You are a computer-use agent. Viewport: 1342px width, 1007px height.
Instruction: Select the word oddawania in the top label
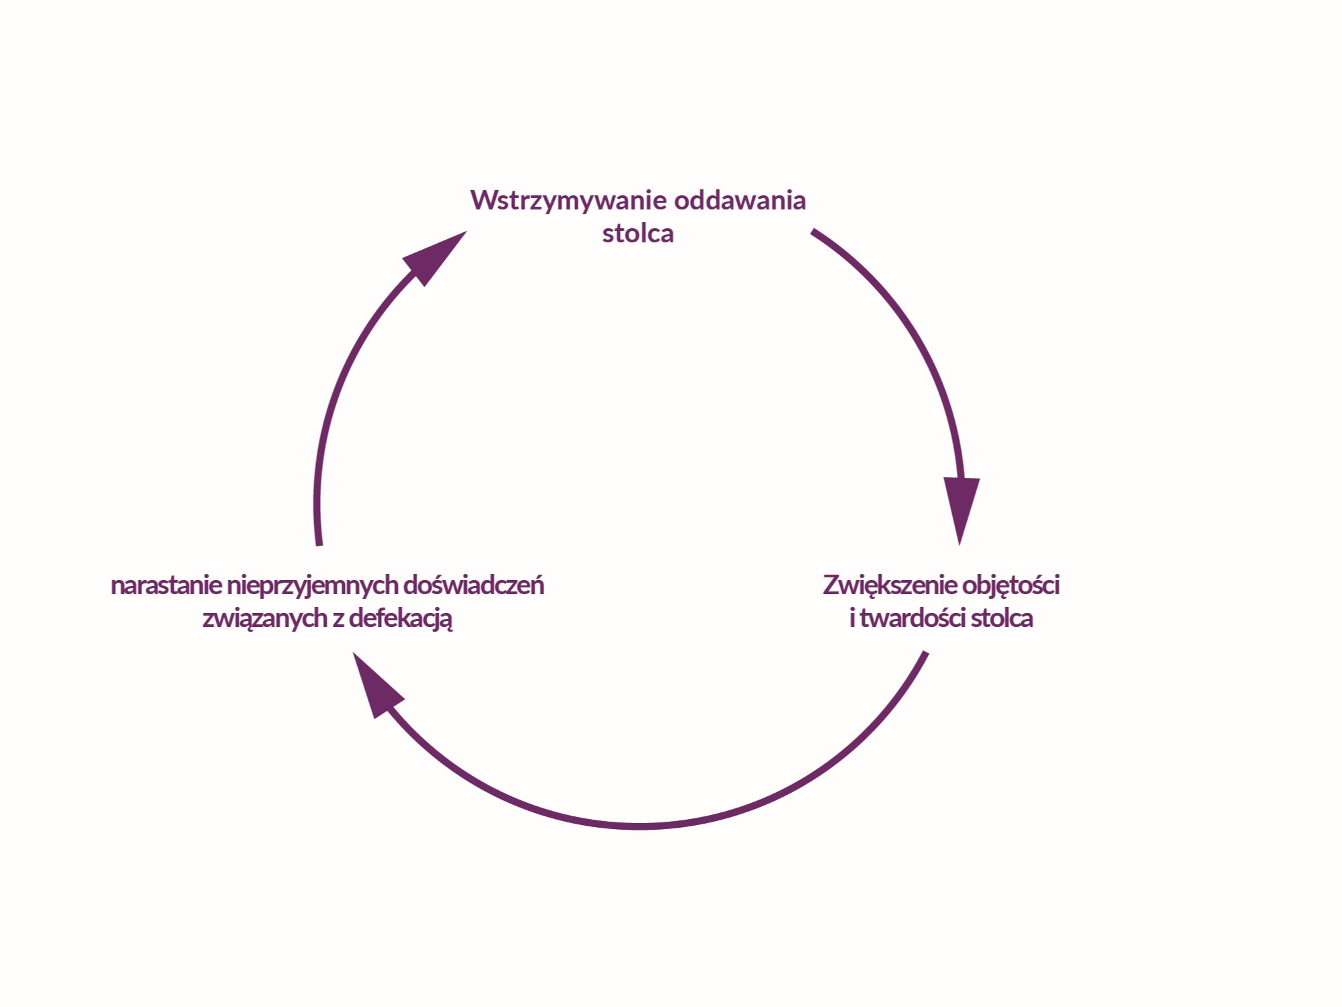[x=739, y=201]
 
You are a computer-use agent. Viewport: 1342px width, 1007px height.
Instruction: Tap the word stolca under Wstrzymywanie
[x=637, y=234]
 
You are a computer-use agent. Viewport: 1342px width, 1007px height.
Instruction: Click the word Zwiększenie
[x=890, y=585]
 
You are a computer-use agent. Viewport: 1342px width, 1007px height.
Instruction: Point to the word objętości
[x=1011, y=585]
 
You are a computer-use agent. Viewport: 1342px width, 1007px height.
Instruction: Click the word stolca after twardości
[x=1002, y=618]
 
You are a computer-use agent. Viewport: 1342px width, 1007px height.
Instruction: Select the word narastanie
[x=166, y=585]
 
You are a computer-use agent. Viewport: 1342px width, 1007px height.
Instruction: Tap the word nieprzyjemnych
[x=313, y=586]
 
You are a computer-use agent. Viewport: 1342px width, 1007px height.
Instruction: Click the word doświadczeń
[x=474, y=585]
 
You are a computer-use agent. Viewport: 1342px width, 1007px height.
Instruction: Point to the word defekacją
[x=401, y=619]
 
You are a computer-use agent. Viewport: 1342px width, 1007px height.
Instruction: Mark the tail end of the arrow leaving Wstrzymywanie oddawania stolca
[x=814, y=232]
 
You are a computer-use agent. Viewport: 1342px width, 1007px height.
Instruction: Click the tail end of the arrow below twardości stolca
[x=925, y=653]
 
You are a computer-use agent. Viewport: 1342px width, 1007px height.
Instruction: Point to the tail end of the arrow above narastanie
[x=319, y=544]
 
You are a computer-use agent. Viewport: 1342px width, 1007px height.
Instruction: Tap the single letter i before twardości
[x=852, y=618]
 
